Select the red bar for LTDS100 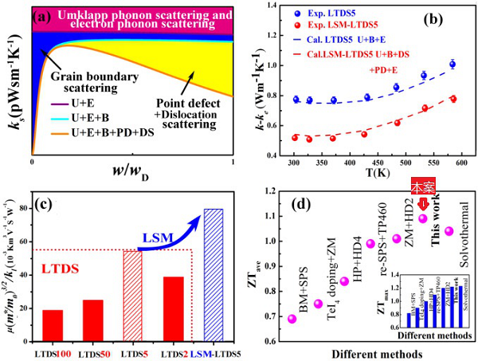pyautogui.click(x=53, y=323)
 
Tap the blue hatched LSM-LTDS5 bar pyautogui.click(x=213, y=272)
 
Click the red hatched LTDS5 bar pyautogui.click(x=131, y=292)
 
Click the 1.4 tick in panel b pyautogui.click(x=275, y=6)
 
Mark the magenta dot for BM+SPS pyautogui.click(x=293, y=319)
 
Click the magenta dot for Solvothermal pyautogui.click(x=449, y=231)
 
